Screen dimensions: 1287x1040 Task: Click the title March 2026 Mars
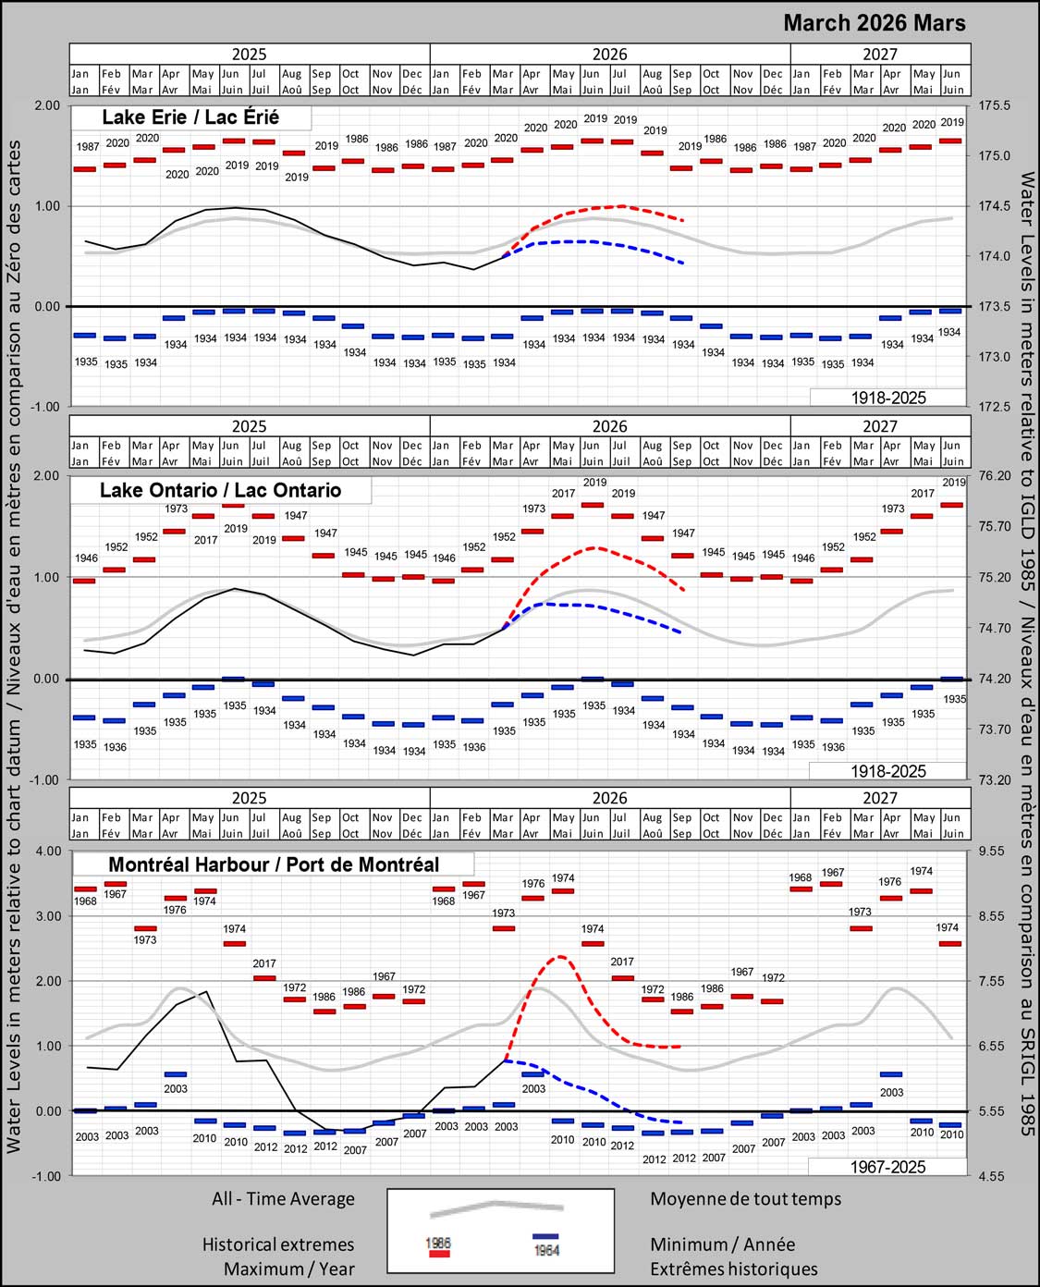point(874,23)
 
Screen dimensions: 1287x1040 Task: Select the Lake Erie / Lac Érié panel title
point(190,117)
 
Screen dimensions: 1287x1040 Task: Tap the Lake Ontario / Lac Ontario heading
point(220,490)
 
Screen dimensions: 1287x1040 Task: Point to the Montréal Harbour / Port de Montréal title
point(274,864)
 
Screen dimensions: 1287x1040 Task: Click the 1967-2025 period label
point(887,1167)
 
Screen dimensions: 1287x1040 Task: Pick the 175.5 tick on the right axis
point(995,105)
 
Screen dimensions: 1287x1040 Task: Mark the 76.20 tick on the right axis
point(995,476)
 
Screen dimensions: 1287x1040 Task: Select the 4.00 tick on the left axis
point(47,851)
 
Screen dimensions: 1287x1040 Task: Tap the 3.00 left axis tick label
point(47,916)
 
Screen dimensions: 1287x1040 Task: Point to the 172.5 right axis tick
point(995,406)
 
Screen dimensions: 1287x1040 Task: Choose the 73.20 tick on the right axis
point(995,779)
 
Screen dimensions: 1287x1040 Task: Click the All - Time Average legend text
point(283,1199)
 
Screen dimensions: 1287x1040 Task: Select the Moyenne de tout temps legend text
point(745,1199)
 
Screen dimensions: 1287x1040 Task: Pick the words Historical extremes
point(278,1244)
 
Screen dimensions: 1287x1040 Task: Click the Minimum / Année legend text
point(722,1244)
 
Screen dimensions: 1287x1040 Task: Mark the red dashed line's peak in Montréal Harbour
point(560,957)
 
